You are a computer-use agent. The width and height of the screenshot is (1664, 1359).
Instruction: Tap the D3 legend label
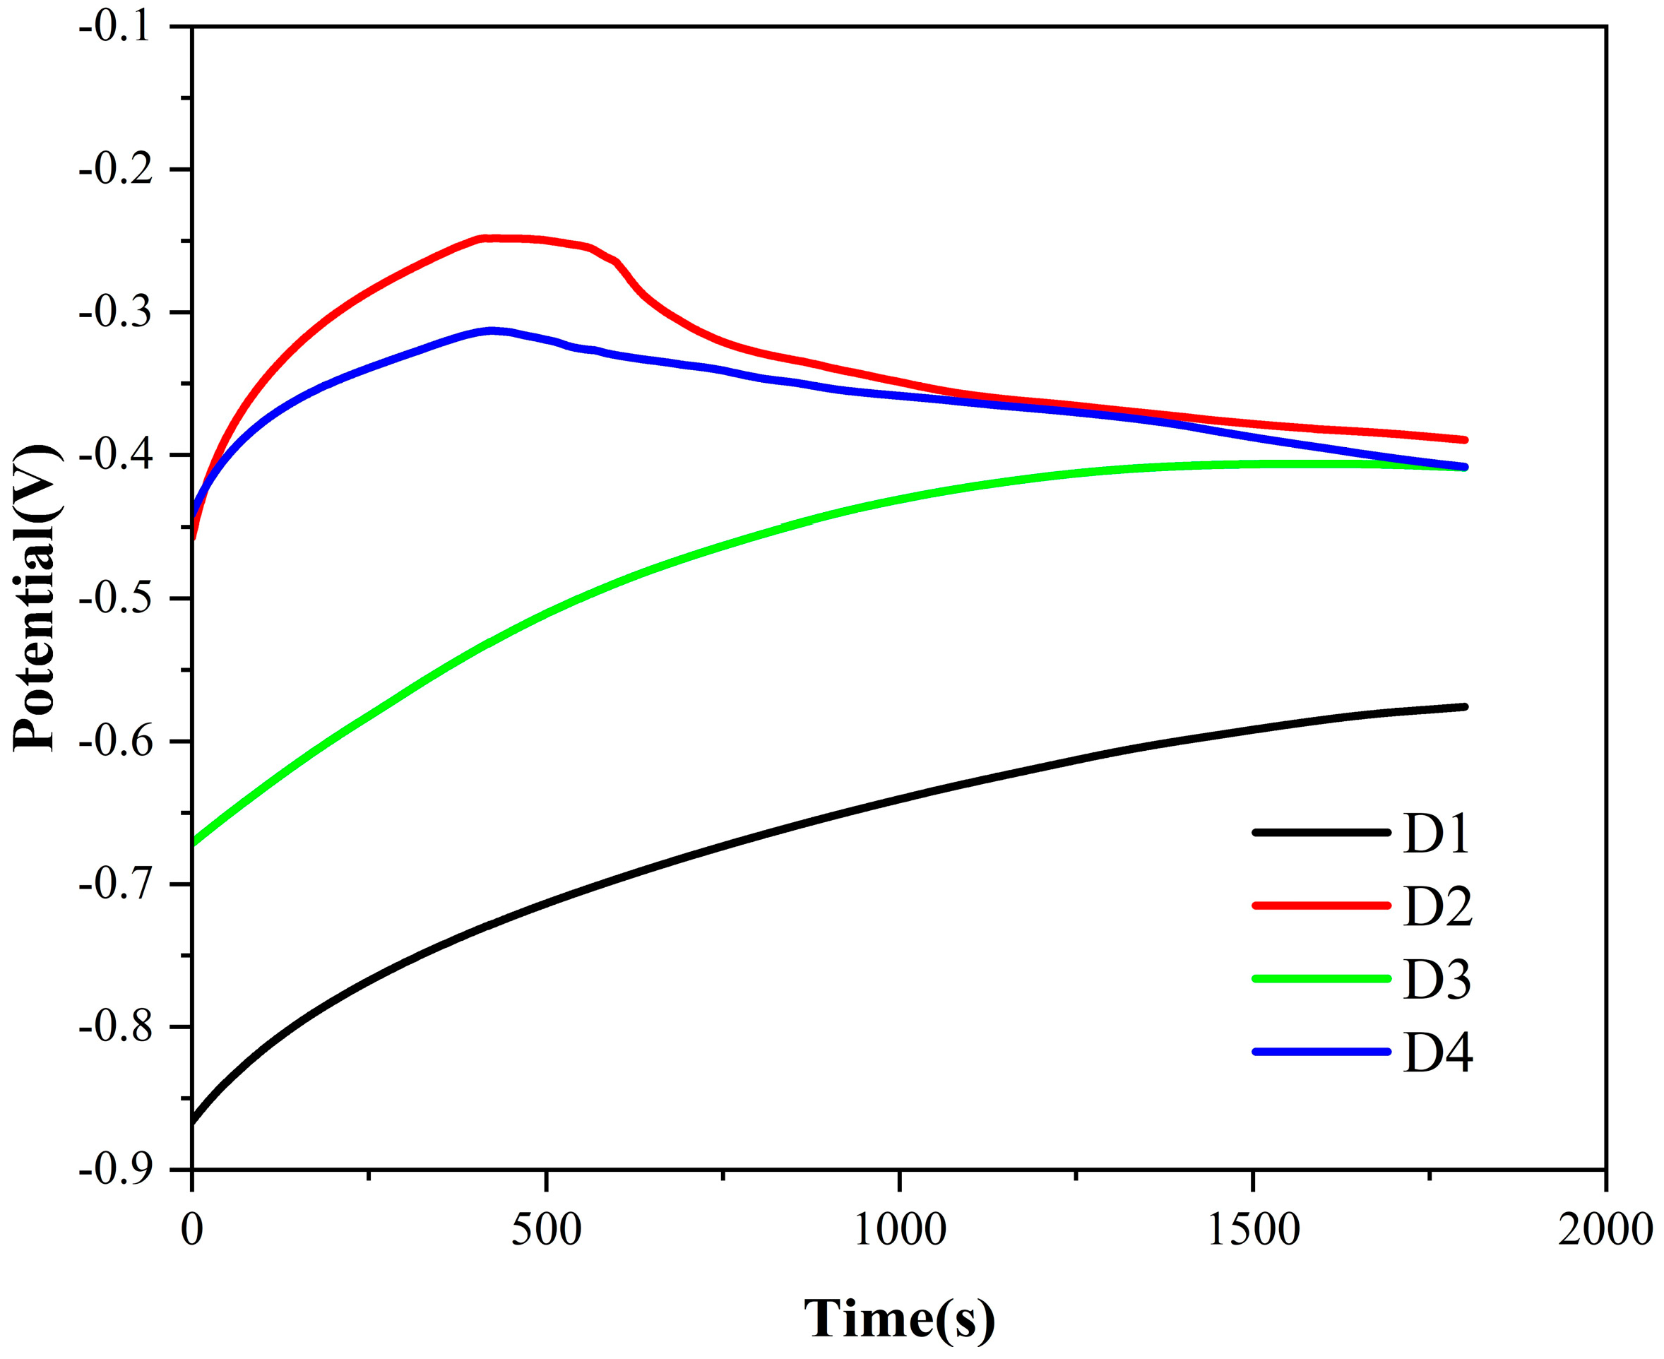(1437, 979)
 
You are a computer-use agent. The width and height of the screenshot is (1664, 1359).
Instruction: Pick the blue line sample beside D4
(1321, 1051)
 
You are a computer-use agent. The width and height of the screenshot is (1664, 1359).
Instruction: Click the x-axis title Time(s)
(899, 1318)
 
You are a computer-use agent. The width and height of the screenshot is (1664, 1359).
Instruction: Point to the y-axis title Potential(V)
(35, 599)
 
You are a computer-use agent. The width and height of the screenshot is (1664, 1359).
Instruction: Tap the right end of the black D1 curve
(1466, 707)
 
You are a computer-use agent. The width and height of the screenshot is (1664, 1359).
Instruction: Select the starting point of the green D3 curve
(194, 843)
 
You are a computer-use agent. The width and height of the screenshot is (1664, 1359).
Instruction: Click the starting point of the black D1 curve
(194, 1122)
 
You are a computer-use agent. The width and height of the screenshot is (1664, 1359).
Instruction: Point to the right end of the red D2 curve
(1466, 440)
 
